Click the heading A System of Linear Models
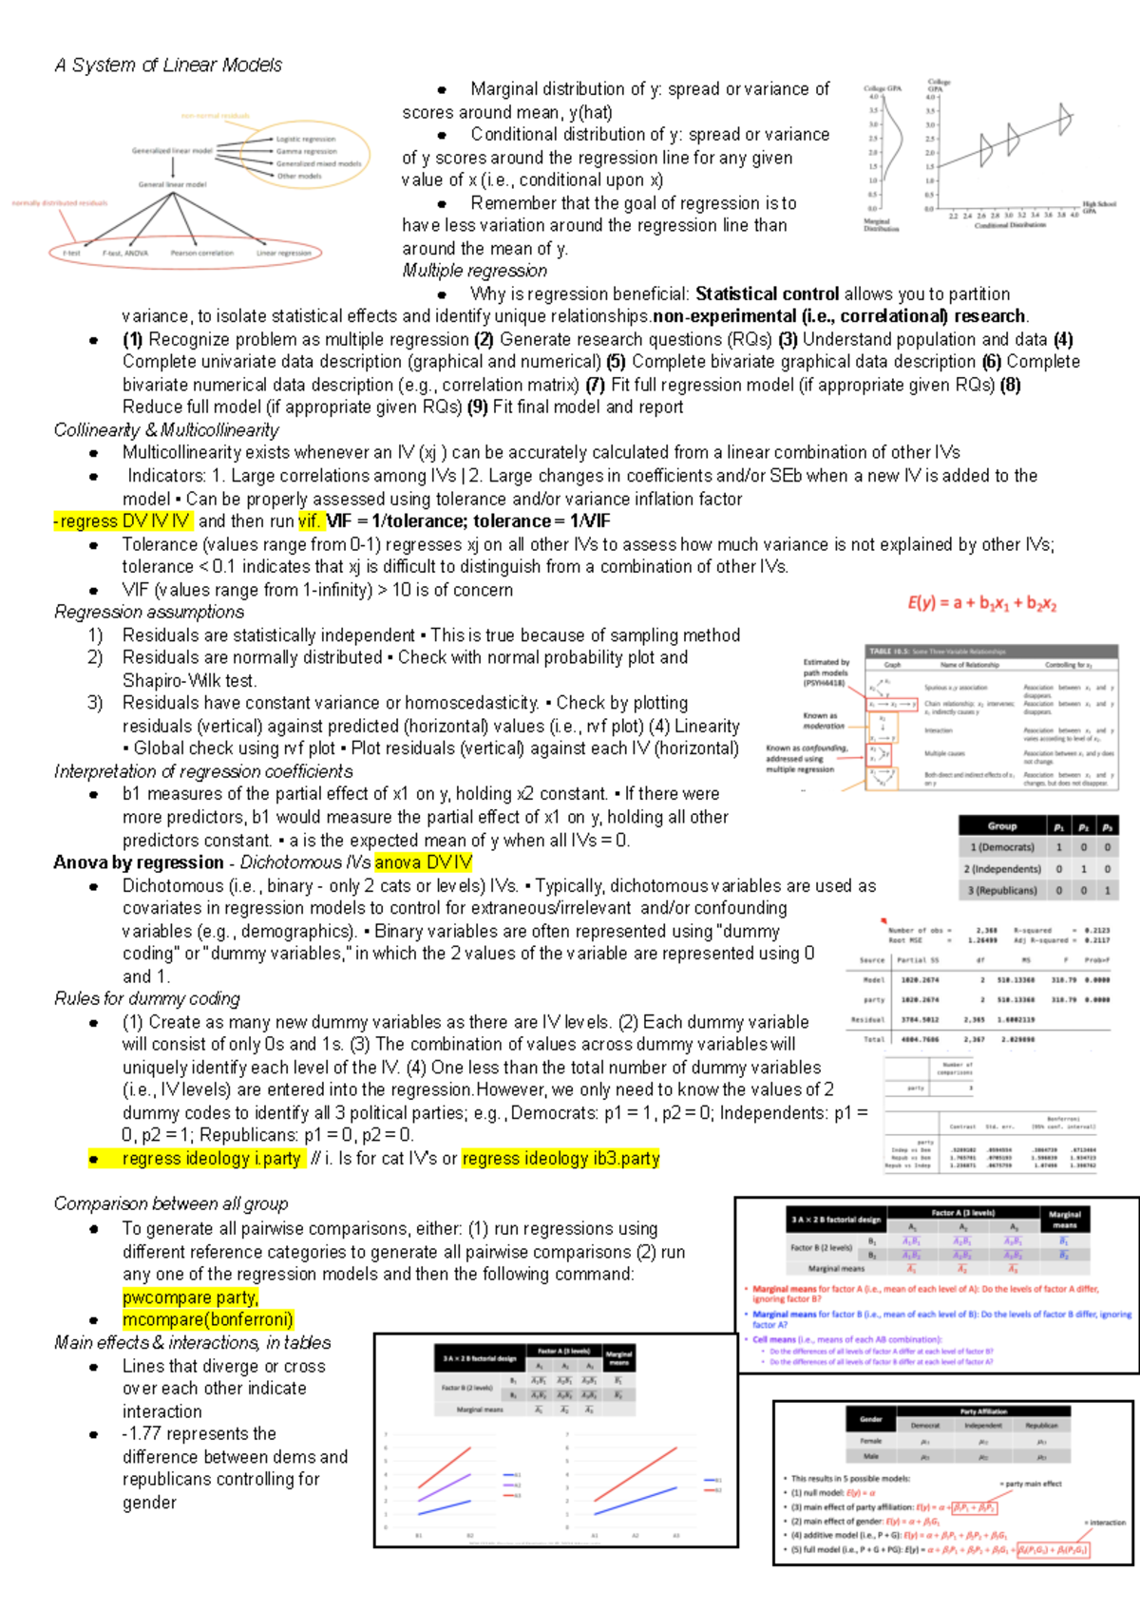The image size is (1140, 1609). pyautogui.click(x=168, y=65)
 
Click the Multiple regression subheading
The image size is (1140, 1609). pyautogui.click(x=474, y=271)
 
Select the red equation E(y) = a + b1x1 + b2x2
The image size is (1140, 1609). pyautogui.click(x=981, y=603)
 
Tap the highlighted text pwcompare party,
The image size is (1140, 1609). pyautogui.click(x=190, y=1297)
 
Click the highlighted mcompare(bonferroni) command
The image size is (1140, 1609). pyautogui.click(x=207, y=1320)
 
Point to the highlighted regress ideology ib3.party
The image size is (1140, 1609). pyautogui.click(x=560, y=1159)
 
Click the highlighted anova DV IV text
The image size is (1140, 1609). pyautogui.click(x=423, y=862)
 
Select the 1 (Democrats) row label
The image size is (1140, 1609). pyautogui.click(x=1001, y=847)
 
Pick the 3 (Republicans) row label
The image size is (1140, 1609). pyautogui.click(x=1001, y=891)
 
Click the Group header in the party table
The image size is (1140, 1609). pyautogui.click(x=1001, y=825)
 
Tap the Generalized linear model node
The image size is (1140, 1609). pyautogui.click(x=172, y=150)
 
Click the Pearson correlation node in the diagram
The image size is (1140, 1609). pyautogui.click(x=201, y=254)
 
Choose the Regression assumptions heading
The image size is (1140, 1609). pyautogui.click(x=149, y=613)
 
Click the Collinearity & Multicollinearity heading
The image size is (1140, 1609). pyautogui.click(x=166, y=430)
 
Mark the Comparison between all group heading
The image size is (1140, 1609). pyautogui.click(x=171, y=1204)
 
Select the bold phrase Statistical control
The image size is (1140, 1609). pyautogui.click(x=767, y=294)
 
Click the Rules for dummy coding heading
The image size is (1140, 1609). pyautogui.click(x=147, y=999)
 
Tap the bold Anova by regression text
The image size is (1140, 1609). pyautogui.click(x=139, y=862)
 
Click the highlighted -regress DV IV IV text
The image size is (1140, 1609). pyautogui.click(x=122, y=521)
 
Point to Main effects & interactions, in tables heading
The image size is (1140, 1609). pyautogui.click(x=193, y=1343)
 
